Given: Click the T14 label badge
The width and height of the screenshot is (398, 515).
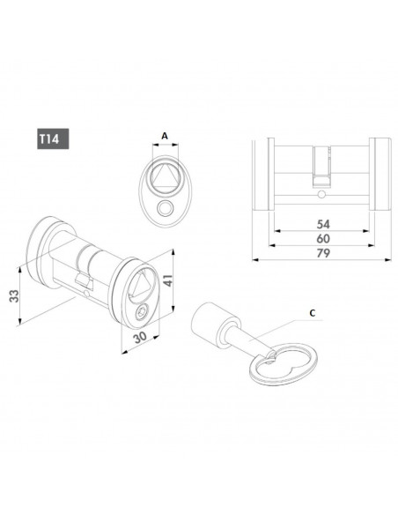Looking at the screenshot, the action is click(53, 138).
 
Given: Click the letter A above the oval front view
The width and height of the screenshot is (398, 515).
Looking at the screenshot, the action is click(165, 136).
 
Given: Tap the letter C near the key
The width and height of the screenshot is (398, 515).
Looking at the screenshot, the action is click(313, 313).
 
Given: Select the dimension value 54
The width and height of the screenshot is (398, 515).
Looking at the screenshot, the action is click(323, 224).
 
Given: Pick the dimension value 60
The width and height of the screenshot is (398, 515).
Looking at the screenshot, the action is click(323, 239).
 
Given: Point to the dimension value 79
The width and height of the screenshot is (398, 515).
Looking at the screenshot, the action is click(323, 253).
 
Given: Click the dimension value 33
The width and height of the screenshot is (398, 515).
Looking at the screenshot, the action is click(14, 296).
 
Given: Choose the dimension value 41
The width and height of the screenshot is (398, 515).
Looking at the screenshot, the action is click(168, 280).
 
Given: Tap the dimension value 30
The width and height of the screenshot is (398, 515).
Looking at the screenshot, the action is click(140, 338).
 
